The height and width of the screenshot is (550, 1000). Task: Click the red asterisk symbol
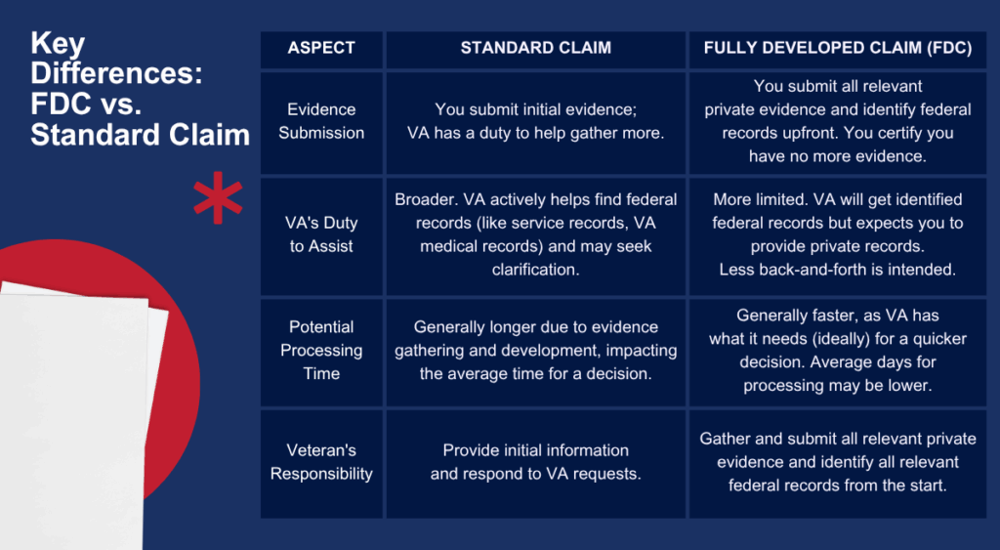218,197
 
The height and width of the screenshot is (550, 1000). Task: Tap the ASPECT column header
321,48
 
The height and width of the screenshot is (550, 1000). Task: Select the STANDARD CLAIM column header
536,48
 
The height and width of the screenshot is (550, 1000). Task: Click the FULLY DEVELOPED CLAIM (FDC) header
837,48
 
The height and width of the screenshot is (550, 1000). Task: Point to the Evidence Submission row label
321,121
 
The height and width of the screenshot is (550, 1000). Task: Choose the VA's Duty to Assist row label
321,234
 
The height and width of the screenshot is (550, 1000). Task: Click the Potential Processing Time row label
321,351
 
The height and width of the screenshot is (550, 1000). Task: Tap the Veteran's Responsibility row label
321,462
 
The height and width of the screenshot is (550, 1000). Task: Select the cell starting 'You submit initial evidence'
536,121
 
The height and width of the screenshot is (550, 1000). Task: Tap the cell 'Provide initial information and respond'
536,462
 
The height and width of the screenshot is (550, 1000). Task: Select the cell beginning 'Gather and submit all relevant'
837,462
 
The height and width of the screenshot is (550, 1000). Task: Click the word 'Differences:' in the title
117,74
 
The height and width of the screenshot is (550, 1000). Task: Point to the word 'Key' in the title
58,44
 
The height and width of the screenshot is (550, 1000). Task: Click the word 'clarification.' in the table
536,270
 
